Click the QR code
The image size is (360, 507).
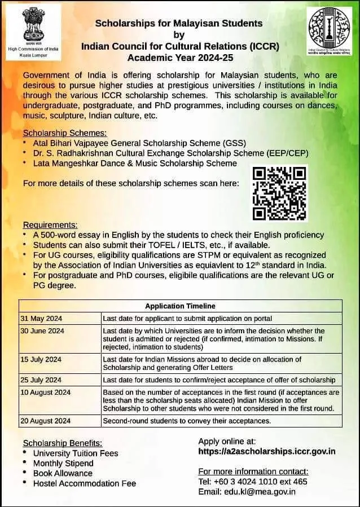[x=279, y=192]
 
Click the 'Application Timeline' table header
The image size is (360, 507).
[x=180, y=306]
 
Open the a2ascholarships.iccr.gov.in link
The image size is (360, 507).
[x=267, y=451]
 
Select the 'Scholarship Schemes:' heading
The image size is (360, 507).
[x=65, y=133]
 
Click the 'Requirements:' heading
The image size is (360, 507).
[x=50, y=224]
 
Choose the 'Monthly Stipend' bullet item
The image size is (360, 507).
[x=63, y=463]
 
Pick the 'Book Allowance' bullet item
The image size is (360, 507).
[x=63, y=473]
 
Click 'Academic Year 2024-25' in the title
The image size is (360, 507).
[x=179, y=57]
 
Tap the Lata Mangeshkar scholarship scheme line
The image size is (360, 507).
[x=135, y=163]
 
